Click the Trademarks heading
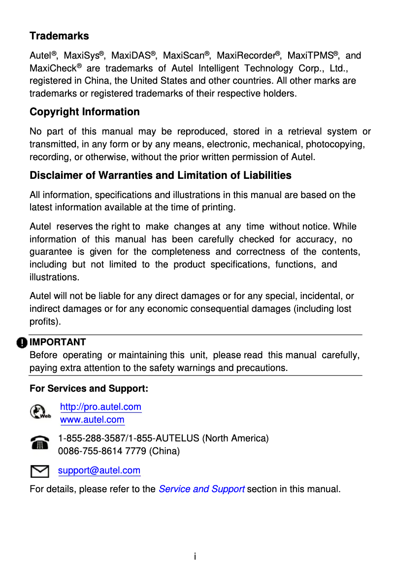tap(59, 36)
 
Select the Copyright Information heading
tap(85, 112)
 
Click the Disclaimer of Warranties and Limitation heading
tap(161, 175)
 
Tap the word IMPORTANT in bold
tap(58, 342)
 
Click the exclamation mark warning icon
tap(22, 342)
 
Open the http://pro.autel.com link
tap(100, 407)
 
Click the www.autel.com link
tap(92, 420)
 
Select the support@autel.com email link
tap(99, 470)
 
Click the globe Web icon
tap(40, 412)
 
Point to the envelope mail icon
tap(39, 472)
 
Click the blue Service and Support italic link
tap(201, 489)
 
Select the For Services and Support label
tap(89, 389)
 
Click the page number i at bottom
tap(195, 557)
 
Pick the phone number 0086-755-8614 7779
tap(102, 451)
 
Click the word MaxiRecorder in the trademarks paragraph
tap(245, 56)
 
